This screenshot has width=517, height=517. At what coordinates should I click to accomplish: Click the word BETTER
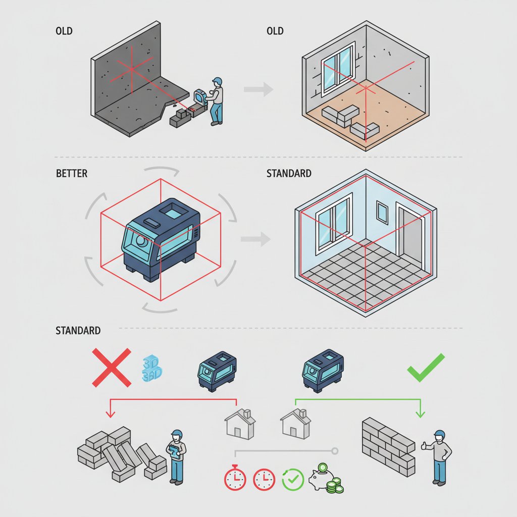point(72,174)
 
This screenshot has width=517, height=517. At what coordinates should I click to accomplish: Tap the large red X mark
point(112,368)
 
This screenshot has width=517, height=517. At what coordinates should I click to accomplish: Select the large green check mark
point(426,368)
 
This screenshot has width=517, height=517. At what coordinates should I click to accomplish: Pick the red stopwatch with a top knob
point(235,477)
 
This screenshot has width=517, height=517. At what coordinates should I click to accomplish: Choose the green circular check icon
point(293,479)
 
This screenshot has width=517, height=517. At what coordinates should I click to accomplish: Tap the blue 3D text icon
point(152,368)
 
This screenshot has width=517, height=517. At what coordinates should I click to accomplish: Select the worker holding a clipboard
point(176,456)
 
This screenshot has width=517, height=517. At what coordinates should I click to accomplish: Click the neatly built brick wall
point(388,447)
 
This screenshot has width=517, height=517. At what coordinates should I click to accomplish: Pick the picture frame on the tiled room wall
point(382,213)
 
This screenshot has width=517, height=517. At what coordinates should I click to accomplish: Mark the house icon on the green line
point(295,424)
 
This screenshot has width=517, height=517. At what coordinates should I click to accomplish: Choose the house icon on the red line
point(240,424)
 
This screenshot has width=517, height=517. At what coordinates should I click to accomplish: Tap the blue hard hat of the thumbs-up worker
point(439,434)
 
